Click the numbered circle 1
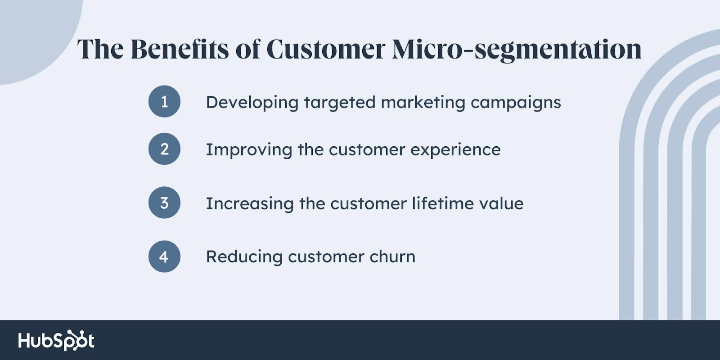click(x=164, y=101)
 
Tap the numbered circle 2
click(x=164, y=149)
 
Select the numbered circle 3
click(x=164, y=202)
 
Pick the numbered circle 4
click(x=164, y=256)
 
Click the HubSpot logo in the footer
click(x=56, y=340)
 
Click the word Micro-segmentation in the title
click(x=517, y=50)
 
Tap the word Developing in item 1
click(x=252, y=103)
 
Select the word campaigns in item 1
click(x=516, y=103)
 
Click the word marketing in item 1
click(x=423, y=103)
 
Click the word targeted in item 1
click(x=340, y=103)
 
